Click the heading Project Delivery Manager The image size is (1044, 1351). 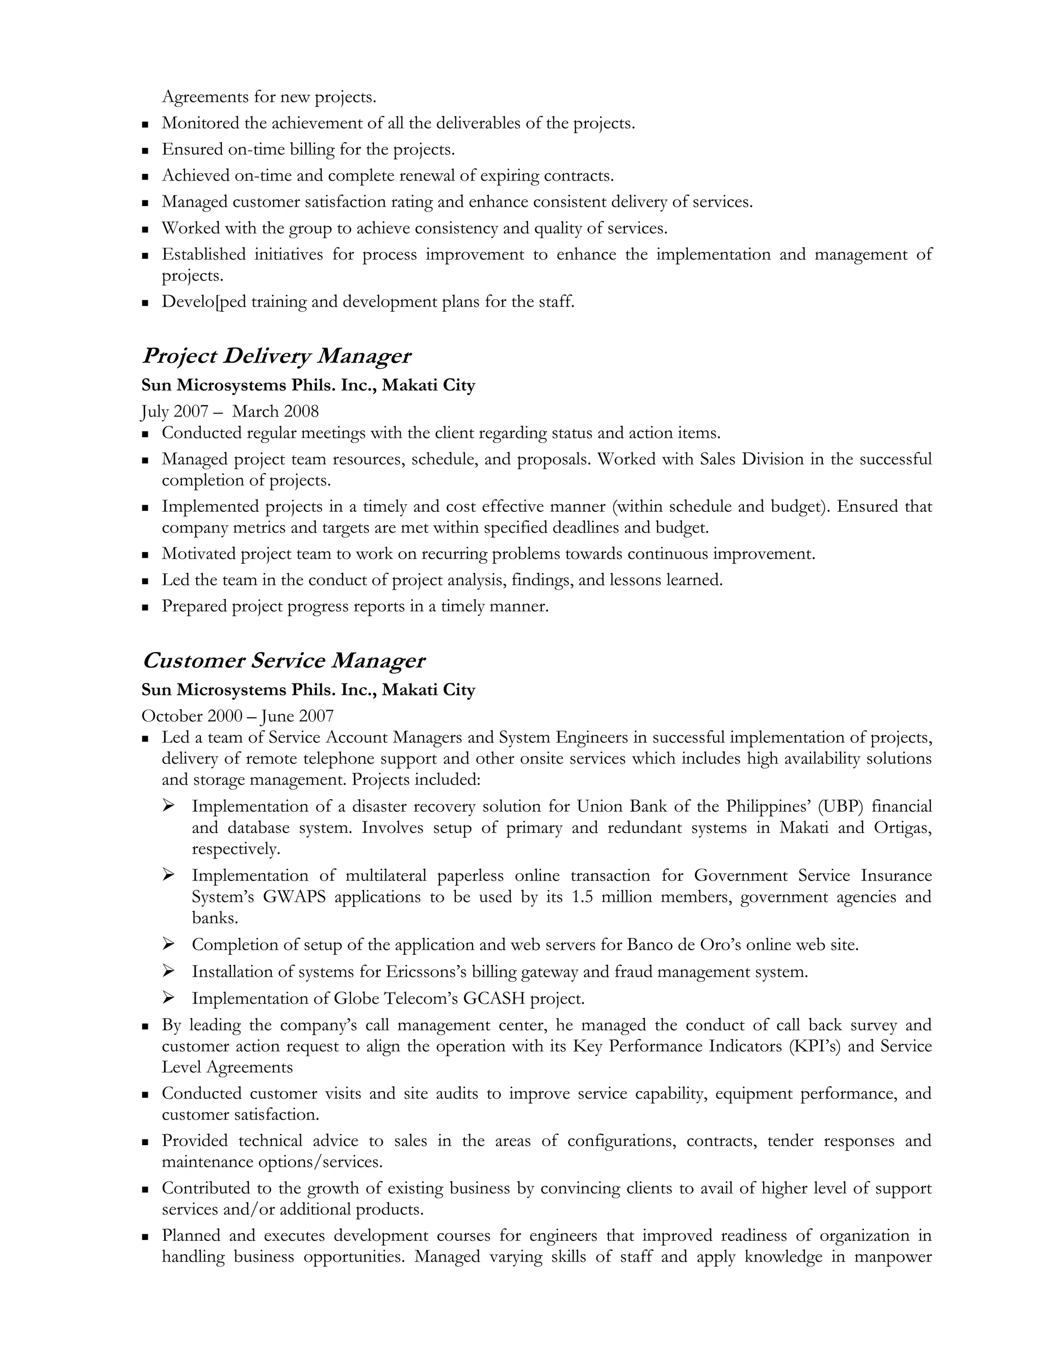coord(276,356)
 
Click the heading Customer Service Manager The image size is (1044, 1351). coord(283,661)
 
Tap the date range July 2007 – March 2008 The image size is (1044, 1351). coord(230,411)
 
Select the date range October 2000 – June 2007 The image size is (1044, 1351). coord(238,716)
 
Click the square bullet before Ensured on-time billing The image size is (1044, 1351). coord(145,150)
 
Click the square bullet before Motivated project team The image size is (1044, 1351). coord(145,555)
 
